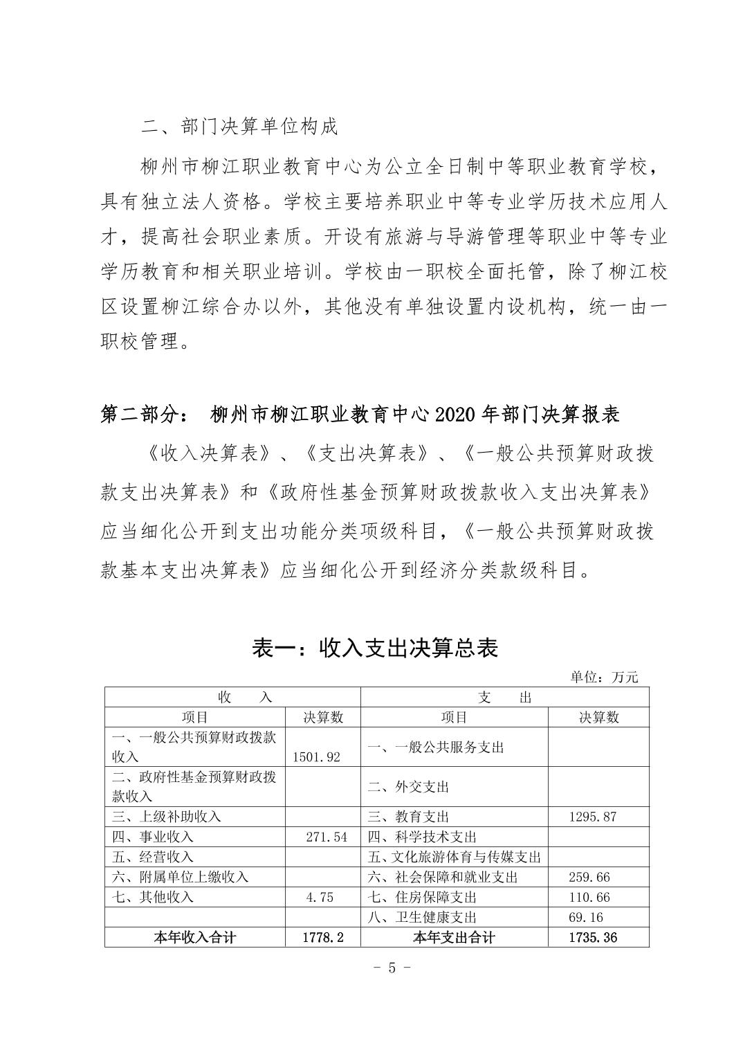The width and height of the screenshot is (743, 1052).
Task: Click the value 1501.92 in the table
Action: tap(317, 756)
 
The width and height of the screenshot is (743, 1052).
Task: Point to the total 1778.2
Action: tap(323, 938)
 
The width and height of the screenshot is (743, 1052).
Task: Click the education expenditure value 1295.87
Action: tap(592, 816)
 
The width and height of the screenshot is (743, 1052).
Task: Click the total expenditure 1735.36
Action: tap(592, 938)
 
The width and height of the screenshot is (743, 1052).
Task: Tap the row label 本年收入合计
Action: tap(194, 938)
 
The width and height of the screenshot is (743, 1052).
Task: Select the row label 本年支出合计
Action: tap(454, 938)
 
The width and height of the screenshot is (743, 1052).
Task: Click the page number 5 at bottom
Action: tap(392, 968)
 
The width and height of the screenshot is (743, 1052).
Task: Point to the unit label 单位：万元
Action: tap(604, 677)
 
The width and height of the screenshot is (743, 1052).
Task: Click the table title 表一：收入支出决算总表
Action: tap(375, 648)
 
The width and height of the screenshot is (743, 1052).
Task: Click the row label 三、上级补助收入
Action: tap(166, 816)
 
